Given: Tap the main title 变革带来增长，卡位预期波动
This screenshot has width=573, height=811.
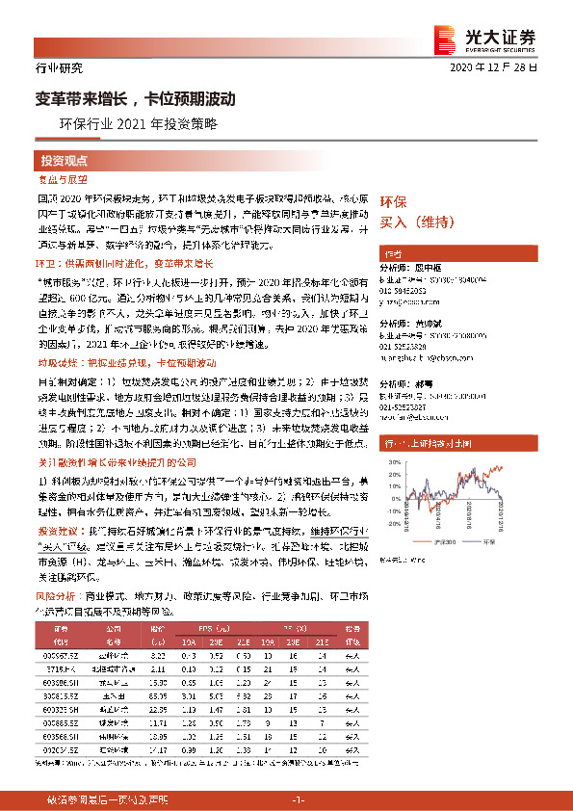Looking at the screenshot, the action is point(136,98).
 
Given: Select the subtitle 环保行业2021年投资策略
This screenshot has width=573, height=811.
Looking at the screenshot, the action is point(139,124).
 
